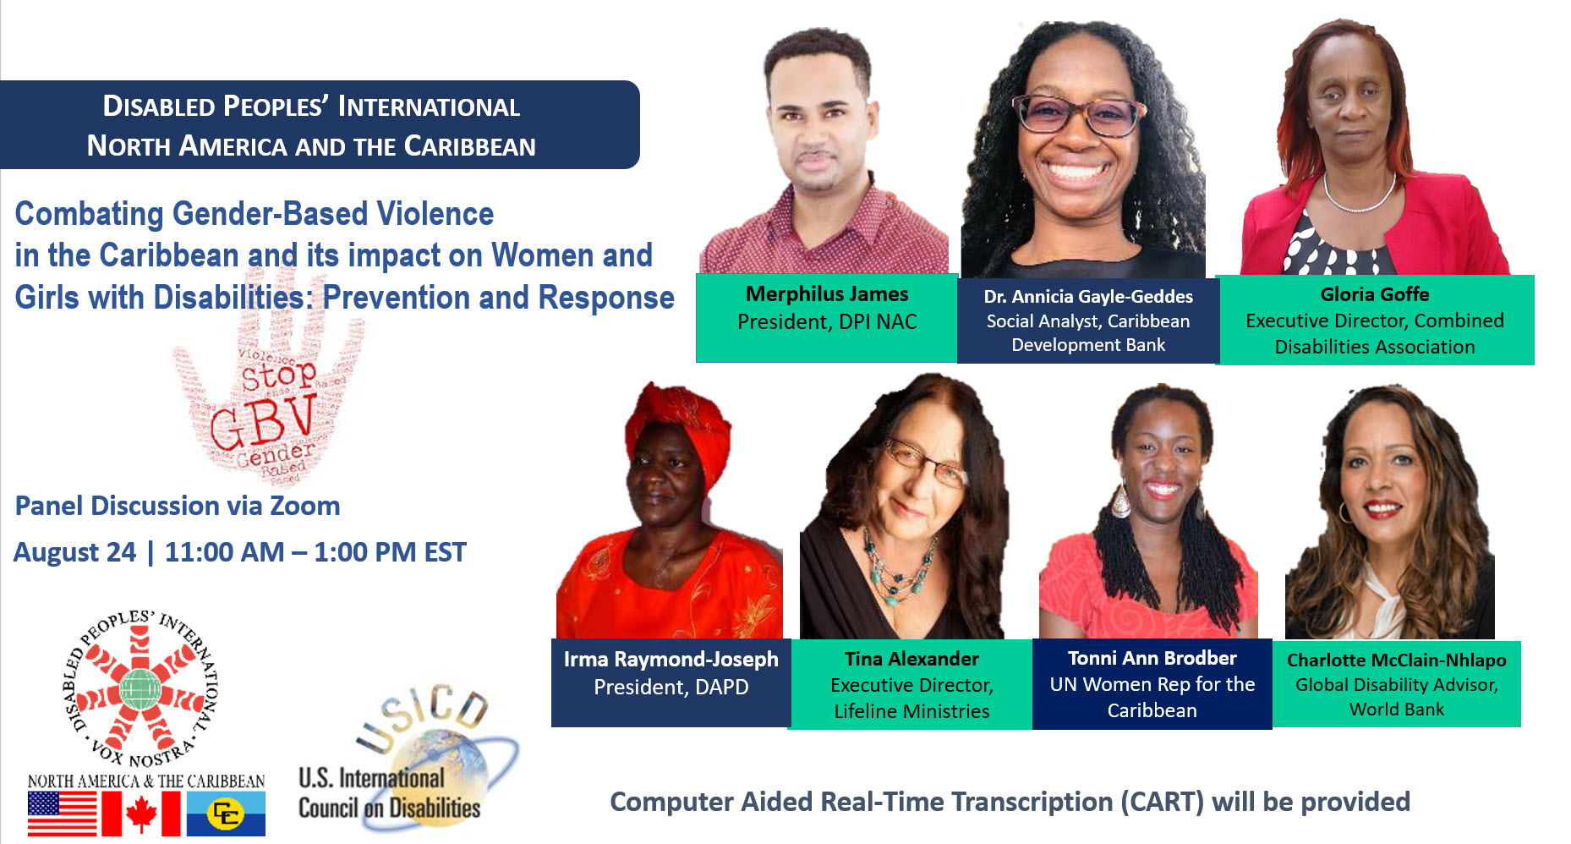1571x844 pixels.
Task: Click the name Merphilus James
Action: click(x=826, y=294)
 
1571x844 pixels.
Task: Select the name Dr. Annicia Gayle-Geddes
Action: click(x=1087, y=297)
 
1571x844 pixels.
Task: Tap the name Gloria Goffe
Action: click(x=1374, y=294)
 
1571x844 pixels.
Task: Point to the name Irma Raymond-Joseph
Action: click(x=671, y=660)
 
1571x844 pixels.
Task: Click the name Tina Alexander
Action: click(x=911, y=659)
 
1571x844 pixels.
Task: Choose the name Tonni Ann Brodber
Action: click(x=1152, y=658)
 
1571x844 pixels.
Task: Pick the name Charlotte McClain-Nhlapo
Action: click(x=1396, y=660)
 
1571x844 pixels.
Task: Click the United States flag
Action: click(x=62, y=814)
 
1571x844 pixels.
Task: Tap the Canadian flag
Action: click(x=141, y=814)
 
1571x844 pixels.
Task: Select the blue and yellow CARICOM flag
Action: click(x=226, y=814)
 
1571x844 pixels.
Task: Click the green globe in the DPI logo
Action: click(x=140, y=688)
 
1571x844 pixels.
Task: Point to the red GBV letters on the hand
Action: click(x=262, y=423)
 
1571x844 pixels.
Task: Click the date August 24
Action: click(x=74, y=552)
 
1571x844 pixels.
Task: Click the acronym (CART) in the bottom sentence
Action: click(x=1162, y=802)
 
